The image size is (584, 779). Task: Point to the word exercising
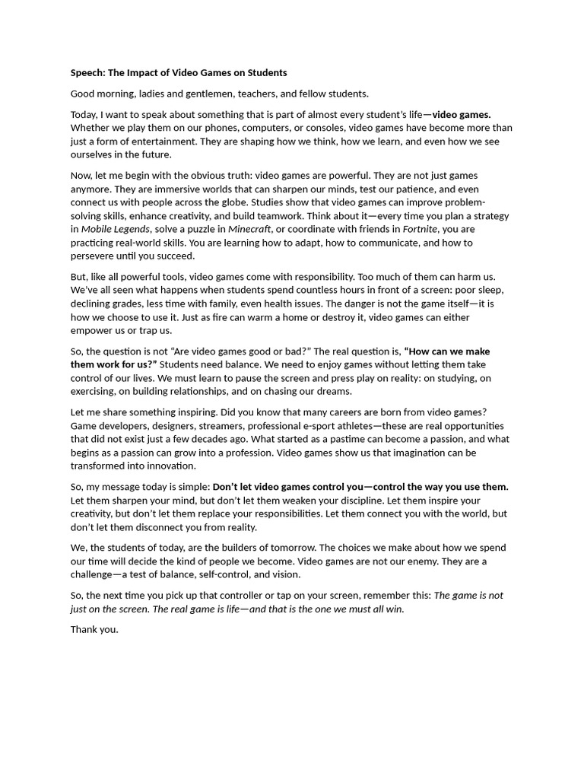[x=98, y=391]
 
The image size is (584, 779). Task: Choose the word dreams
[x=335, y=391]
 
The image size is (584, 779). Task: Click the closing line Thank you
[x=95, y=630]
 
